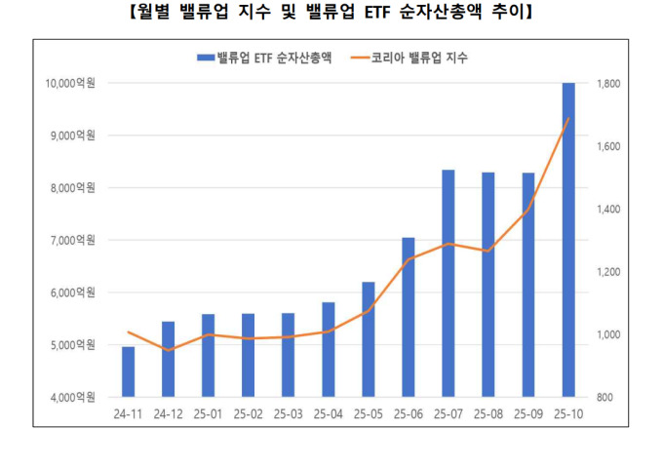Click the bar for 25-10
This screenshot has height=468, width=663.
[568, 240]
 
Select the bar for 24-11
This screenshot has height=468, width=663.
[128, 371]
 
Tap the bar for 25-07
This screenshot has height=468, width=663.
[448, 283]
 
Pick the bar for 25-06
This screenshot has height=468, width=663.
[409, 317]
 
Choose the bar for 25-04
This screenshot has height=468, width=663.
[329, 349]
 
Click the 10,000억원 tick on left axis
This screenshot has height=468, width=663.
[69, 84]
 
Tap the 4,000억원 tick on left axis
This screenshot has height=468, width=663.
[72, 398]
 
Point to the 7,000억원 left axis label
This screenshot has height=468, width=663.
[72, 241]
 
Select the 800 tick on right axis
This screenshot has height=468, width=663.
[605, 398]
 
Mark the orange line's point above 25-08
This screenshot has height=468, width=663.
[488, 252]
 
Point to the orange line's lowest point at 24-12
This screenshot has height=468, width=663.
[168, 350]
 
